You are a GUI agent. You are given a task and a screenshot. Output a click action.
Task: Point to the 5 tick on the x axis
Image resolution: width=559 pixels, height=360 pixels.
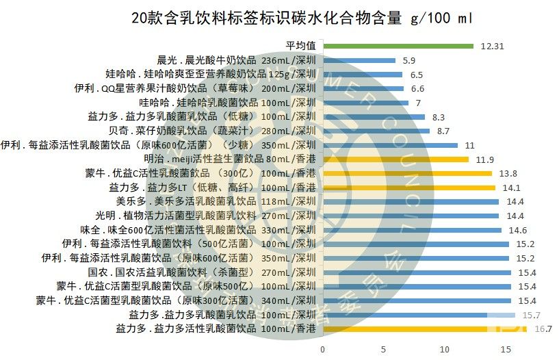[384, 350]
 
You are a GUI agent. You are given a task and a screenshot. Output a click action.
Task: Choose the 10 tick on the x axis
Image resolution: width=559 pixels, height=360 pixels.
[445, 350]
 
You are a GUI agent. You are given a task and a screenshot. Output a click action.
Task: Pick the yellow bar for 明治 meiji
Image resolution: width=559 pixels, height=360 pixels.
[395, 159]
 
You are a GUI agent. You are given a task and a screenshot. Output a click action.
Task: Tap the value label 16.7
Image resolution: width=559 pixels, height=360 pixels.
[543, 329]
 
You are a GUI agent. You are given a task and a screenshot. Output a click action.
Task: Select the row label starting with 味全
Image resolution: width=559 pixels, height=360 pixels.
[198, 229]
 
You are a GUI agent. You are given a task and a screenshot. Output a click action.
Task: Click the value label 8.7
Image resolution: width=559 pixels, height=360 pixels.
[443, 131]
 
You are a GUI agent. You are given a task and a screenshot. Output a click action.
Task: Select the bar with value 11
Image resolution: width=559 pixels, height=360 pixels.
[389, 145]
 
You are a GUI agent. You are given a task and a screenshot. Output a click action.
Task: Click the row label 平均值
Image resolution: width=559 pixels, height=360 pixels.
[300, 46]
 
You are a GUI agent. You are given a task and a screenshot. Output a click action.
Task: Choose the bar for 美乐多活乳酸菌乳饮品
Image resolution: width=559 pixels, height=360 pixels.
[410, 202]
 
